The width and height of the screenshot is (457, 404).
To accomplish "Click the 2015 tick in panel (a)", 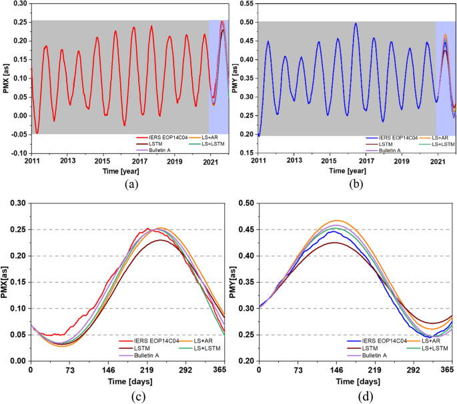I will click(102, 143).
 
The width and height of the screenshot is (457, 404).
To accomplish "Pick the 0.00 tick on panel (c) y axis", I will click(17, 361).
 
